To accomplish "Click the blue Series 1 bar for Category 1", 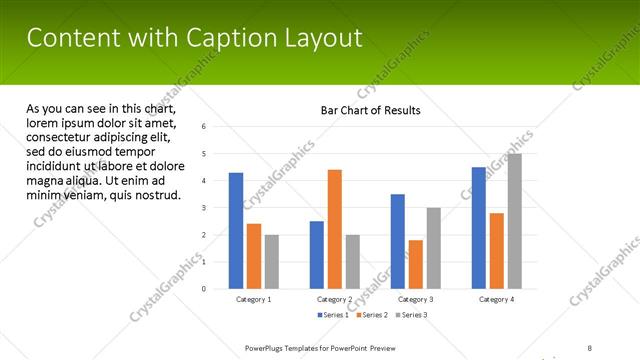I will pos(236,231).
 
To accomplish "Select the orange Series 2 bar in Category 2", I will pos(334,229).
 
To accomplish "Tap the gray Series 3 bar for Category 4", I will pos(515,221).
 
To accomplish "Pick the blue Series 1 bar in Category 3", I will pos(398,241).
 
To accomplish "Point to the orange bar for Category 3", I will pos(416,264).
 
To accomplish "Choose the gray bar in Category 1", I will pos(272,262).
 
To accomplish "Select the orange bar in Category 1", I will pos(254,256).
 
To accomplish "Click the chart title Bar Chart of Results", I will pos(370,110).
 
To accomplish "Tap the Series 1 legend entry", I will pos(332,315).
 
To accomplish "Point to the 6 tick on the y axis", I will pos(204,127).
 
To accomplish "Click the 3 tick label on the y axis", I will pos(204,208).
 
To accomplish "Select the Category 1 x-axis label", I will pos(253,299).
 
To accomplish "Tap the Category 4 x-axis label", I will pos(496,299).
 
